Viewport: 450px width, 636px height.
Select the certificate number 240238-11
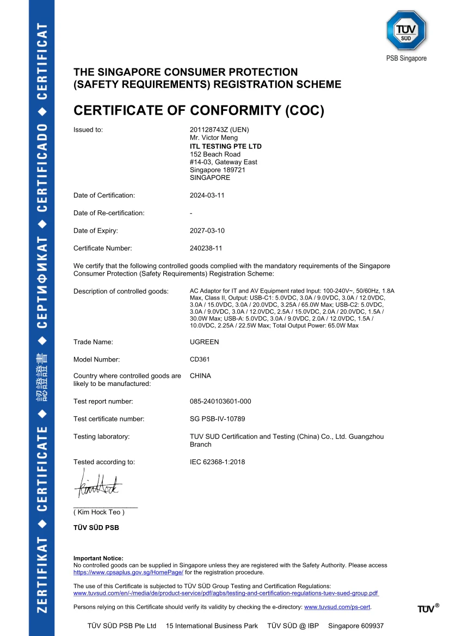[207, 248]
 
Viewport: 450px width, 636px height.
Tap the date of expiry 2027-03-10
[207, 230]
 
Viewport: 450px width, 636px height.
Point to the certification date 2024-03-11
[207, 195]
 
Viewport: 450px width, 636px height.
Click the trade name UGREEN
[204, 342]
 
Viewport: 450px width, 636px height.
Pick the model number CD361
[200, 359]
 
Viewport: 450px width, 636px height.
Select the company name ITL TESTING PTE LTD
[225, 147]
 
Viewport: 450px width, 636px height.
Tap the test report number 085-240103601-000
[220, 401]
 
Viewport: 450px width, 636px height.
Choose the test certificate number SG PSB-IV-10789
[218, 419]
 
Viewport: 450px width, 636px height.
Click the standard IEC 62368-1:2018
[217, 462]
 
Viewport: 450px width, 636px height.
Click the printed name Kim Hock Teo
[99, 512]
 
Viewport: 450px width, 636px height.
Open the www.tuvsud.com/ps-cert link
[337, 607]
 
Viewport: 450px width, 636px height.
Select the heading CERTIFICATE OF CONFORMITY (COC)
[199, 111]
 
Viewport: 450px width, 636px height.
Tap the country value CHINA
[200, 376]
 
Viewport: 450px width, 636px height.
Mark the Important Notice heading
[98, 558]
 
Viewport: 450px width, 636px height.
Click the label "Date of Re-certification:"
[109, 213]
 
